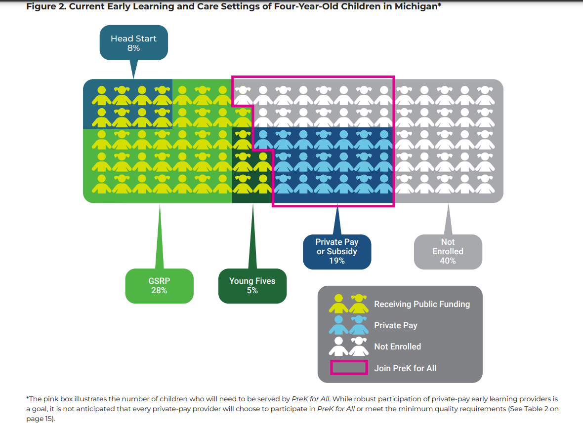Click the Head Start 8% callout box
point(133,43)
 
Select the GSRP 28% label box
point(159,286)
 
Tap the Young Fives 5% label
point(252,286)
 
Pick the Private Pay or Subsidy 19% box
point(337,251)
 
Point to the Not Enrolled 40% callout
point(448,251)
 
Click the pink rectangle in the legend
point(349,368)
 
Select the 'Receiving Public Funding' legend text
point(422,304)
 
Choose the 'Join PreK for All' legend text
point(405,368)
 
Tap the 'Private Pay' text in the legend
point(396,325)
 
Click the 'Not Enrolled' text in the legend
point(398,346)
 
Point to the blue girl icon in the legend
point(359,325)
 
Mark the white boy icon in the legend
point(339,346)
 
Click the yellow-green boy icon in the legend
point(339,304)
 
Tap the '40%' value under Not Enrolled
point(448,261)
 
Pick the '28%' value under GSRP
point(159,291)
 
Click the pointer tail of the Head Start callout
point(133,69)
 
